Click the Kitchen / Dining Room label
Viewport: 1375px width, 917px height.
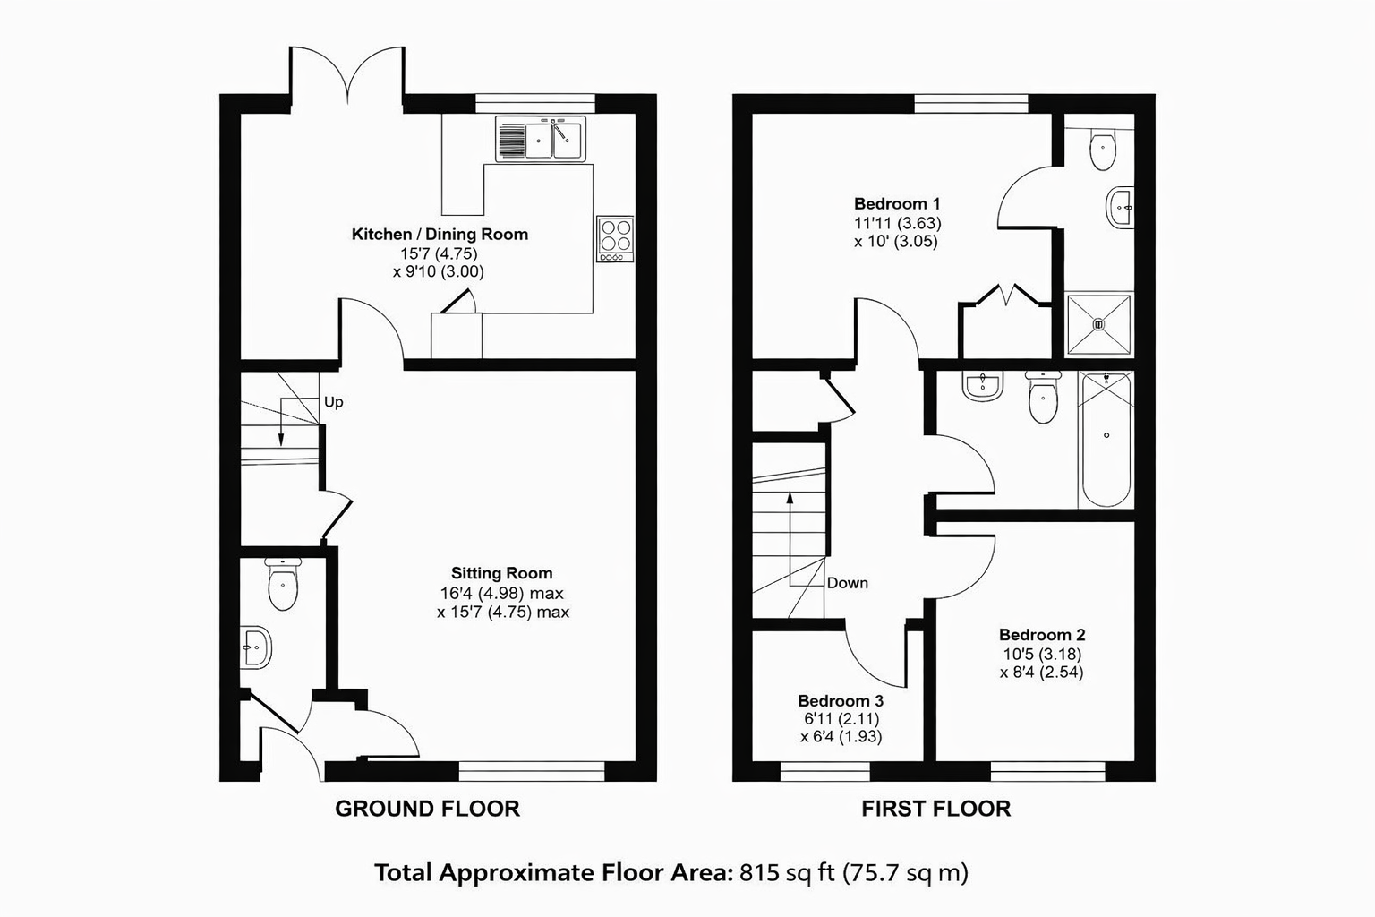pyautogui.click(x=440, y=234)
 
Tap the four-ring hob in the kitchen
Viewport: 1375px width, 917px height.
pyautogui.click(x=615, y=239)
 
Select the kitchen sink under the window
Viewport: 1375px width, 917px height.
pyautogui.click(x=541, y=139)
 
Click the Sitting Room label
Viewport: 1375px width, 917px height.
pyautogui.click(x=501, y=573)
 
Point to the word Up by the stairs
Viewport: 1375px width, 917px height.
pyautogui.click(x=333, y=402)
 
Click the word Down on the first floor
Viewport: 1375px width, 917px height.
pyautogui.click(x=847, y=583)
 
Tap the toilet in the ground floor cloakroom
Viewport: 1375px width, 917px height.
pyautogui.click(x=283, y=584)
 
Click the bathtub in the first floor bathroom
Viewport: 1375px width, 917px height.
pyautogui.click(x=1106, y=440)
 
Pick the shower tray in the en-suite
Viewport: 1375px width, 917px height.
pyautogui.click(x=1098, y=323)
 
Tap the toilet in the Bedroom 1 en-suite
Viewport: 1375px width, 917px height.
pyautogui.click(x=1103, y=149)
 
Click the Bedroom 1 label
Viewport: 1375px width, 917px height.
pyautogui.click(x=897, y=203)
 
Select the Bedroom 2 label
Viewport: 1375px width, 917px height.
pyautogui.click(x=1042, y=635)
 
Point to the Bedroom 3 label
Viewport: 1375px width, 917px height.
pyautogui.click(x=841, y=700)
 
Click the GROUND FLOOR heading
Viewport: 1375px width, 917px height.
pyautogui.click(x=427, y=809)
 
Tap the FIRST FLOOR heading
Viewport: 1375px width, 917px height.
pyautogui.click(x=935, y=809)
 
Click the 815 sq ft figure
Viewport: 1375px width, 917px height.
pyautogui.click(x=788, y=872)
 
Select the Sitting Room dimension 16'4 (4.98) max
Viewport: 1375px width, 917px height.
pyautogui.click(x=501, y=593)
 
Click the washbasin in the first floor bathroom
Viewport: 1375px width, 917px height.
pyautogui.click(x=984, y=386)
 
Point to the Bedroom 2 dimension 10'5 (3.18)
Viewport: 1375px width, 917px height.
pyautogui.click(x=1042, y=654)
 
